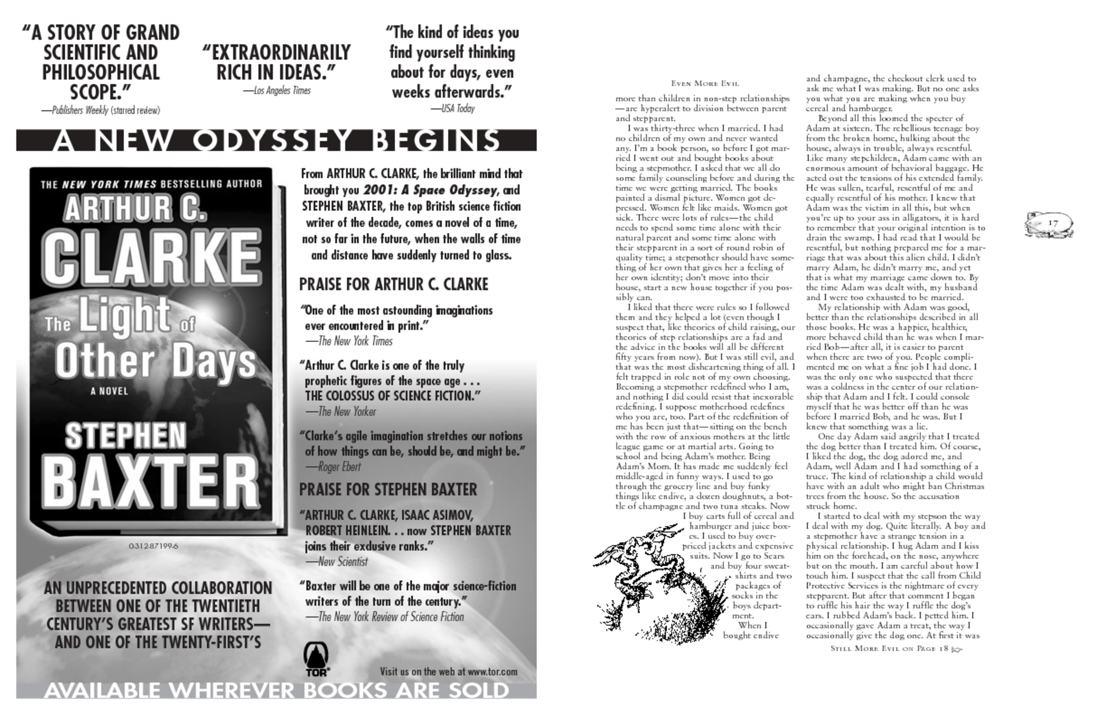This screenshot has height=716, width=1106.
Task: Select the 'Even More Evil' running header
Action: [704, 84]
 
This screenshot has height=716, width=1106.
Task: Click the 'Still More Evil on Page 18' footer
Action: [895, 649]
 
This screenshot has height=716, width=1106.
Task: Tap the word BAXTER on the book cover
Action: [153, 481]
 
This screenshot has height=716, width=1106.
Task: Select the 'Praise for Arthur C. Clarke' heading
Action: [394, 284]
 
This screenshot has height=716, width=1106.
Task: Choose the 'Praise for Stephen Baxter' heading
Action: [388, 490]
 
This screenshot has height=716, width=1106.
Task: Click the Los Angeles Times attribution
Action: [278, 91]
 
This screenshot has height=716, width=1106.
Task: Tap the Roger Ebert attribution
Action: [333, 467]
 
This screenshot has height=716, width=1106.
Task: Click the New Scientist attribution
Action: [336, 562]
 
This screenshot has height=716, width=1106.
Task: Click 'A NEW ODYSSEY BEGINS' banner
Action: [276, 140]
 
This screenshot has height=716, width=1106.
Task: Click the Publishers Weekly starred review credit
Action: [101, 110]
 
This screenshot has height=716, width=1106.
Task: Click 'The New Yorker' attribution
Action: [340, 412]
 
